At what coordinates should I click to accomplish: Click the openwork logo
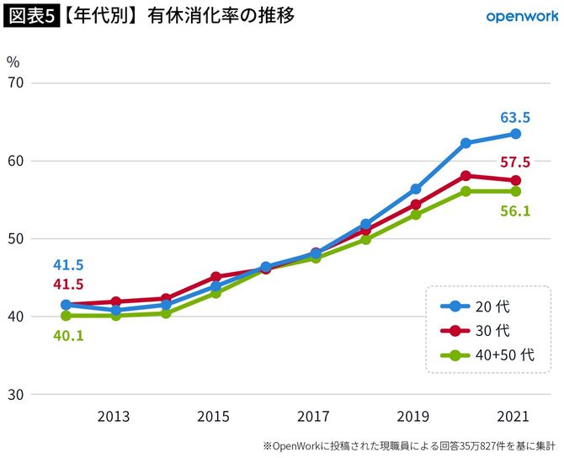click(520, 16)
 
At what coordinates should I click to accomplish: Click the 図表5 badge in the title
click(30, 16)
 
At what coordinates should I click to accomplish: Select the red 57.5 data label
click(515, 162)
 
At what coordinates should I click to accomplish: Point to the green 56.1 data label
click(515, 210)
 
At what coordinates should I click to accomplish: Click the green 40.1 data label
click(68, 335)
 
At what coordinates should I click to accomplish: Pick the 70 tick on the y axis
click(16, 83)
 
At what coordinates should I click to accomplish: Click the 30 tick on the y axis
click(16, 394)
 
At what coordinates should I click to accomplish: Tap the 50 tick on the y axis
click(16, 238)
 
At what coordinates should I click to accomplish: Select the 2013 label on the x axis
click(115, 417)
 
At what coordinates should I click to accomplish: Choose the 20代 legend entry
click(488, 306)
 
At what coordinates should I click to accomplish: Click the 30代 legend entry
click(488, 330)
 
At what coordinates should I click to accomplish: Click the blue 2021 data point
click(515, 134)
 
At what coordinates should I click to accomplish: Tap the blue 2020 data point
click(466, 143)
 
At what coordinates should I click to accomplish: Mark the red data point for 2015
click(215, 276)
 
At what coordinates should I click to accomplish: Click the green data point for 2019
click(416, 214)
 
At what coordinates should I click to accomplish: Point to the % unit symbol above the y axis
click(13, 61)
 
